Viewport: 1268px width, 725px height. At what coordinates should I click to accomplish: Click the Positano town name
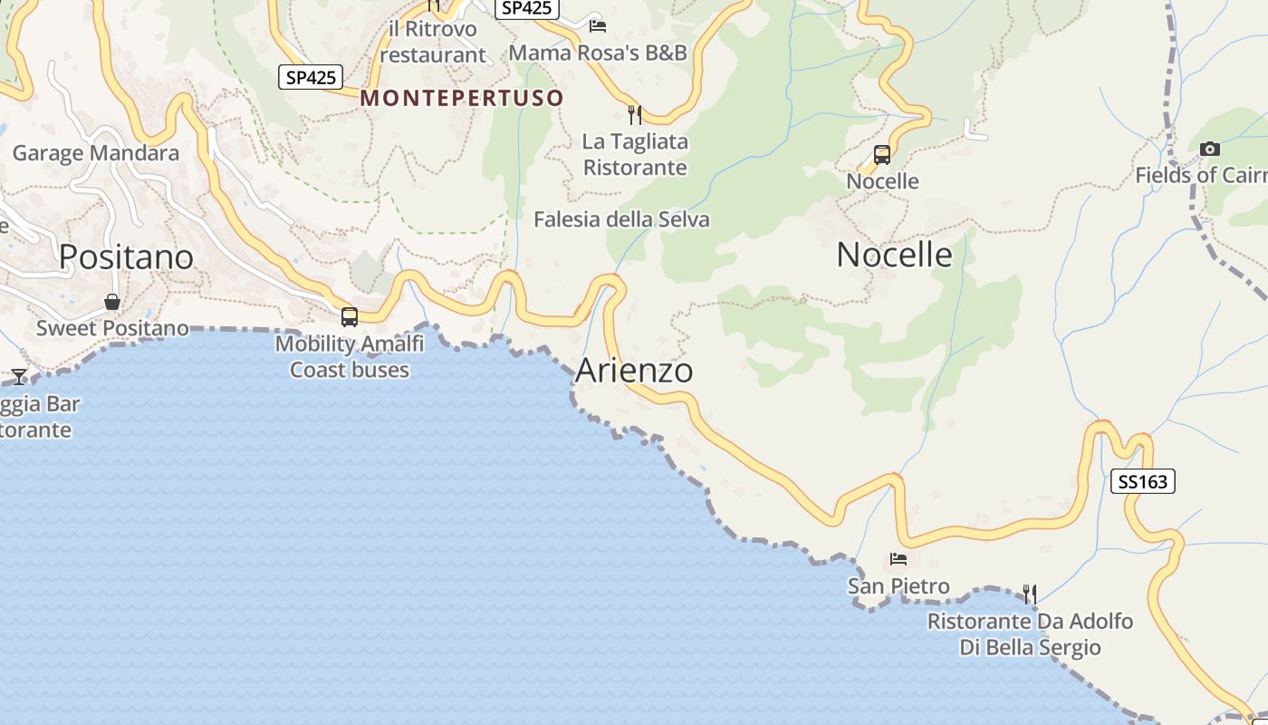pyautogui.click(x=126, y=257)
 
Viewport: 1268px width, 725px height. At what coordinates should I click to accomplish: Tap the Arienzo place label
pyautogui.click(x=634, y=371)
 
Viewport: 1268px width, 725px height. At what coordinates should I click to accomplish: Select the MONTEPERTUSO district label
pyautogui.click(x=462, y=98)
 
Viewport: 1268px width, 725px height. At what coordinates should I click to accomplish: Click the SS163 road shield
pyautogui.click(x=1142, y=481)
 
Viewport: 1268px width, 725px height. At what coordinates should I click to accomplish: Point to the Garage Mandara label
pyautogui.click(x=96, y=153)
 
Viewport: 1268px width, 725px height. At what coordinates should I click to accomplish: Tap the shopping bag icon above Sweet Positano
pyautogui.click(x=112, y=302)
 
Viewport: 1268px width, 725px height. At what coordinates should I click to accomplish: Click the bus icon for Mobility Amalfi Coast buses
pyautogui.click(x=350, y=317)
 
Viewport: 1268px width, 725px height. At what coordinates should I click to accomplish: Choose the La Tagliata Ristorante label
pyautogui.click(x=635, y=154)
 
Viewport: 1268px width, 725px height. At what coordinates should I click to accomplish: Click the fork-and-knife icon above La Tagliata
pyautogui.click(x=635, y=115)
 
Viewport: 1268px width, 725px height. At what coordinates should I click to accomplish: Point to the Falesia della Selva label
pyautogui.click(x=621, y=219)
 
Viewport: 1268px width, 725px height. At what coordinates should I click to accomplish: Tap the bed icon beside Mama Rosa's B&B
pyautogui.click(x=597, y=25)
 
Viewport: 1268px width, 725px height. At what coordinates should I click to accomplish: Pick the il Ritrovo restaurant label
pyautogui.click(x=433, y=42)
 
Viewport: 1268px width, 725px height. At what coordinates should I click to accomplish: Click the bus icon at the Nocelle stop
pyautogui.click(x=882, y=155)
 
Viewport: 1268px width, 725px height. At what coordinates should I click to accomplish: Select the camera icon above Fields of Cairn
pyautogui.click(x=1209, y=149)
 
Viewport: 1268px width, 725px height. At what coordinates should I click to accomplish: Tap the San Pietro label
pyautogui.click(x=898, y=586)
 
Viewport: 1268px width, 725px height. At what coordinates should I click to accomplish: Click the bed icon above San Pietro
pyautogui.click(x=898, y=559)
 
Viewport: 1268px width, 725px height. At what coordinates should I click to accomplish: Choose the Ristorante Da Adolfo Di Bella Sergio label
pyautogui.click(x=1030, y=634)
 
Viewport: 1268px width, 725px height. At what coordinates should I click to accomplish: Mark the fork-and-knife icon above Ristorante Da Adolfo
pyautogui.click(x=1030, y=594)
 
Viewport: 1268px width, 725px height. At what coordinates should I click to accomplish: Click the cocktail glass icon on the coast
pyautogui.click(x=19, y=376)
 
